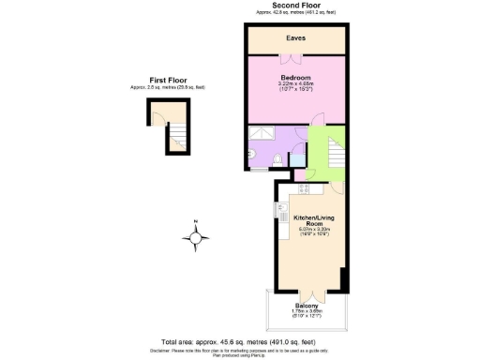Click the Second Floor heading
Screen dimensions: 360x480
point(297,7)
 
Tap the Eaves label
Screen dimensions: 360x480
point(296,38)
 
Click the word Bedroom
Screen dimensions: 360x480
point(296,77)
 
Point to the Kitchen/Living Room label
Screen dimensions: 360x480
point(308,220)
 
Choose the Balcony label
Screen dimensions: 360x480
point(307,307)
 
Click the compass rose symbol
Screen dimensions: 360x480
point(195,240)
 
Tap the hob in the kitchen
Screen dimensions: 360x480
point(305,187)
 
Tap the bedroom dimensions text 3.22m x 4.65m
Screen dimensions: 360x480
point(296,84)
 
